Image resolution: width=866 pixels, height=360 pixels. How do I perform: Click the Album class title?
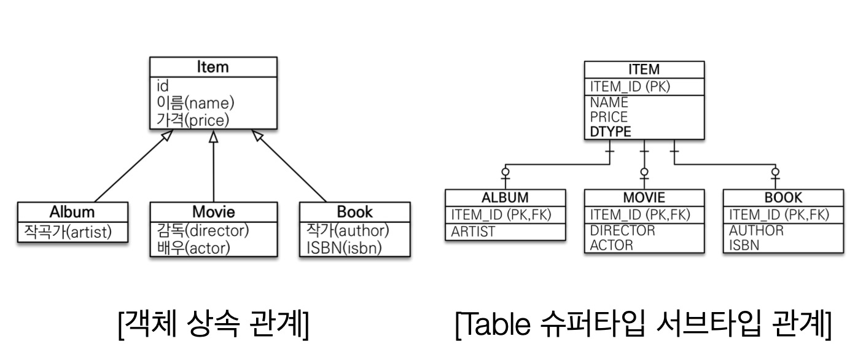(x=72, y=212)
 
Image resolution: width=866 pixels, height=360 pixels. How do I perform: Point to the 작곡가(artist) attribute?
(x=68, y=231)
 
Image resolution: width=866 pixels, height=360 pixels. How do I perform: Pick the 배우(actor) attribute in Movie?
(x=193, y=248)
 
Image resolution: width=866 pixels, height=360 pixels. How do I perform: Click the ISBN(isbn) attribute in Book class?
(x=344, y=248)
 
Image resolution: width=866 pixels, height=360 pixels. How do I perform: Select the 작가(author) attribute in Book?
(x=347, y=231)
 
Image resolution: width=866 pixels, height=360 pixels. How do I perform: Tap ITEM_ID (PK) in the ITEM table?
(x=629, y=87)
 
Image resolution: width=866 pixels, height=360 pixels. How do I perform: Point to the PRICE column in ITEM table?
(x=609, y=116)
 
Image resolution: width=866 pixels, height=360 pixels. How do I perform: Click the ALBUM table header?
(x=505, y=198)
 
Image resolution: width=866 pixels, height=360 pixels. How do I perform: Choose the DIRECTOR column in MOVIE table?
(x=622, y=231)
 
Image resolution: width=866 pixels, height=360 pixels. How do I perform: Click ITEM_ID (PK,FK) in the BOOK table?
(x=779, y=214)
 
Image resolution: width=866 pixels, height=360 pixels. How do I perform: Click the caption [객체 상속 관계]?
(x=213, y=326)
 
